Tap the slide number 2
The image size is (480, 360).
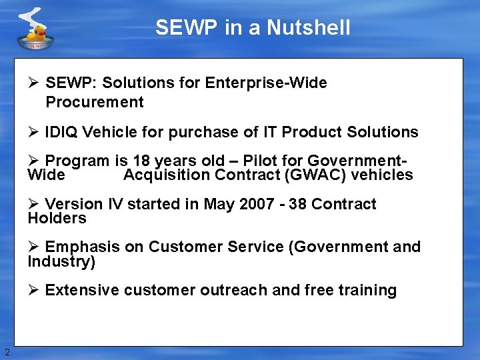coord(7,352)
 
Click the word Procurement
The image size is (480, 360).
coord(95,102)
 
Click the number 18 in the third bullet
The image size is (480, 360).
coord(141,161)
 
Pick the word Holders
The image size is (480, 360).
coord(57,218)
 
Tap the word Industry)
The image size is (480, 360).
coord(61,261)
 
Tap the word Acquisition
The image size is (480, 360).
coord(167,175)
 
